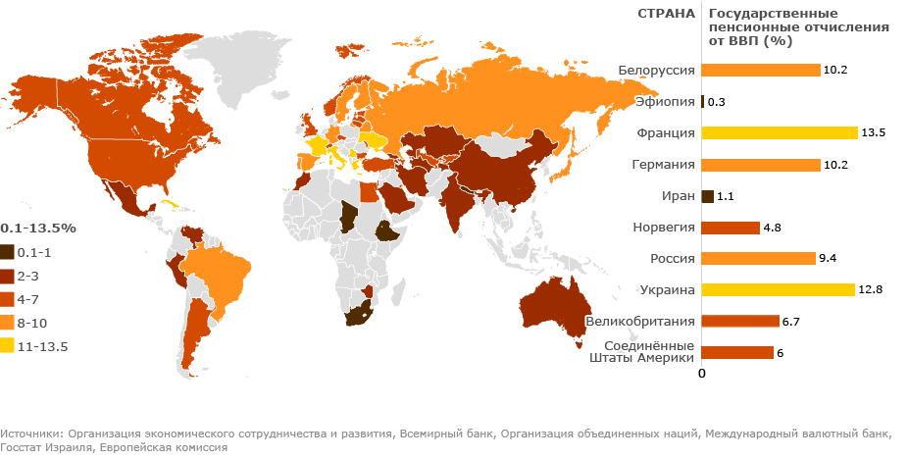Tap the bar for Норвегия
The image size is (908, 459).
pos(731,227)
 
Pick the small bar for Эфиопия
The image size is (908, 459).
pos(703,101)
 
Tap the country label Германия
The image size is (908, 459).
pos(663,164)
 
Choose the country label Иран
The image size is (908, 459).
pos(680,195)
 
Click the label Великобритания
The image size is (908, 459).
pos(640,321)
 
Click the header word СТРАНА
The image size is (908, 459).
pos(666,14)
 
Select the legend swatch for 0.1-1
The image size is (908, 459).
pos(7,252)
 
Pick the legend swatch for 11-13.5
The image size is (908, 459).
pos(7,346)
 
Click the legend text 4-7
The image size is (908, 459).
pos(30,299)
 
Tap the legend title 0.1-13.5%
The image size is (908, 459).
pos(38,227)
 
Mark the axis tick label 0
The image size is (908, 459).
pos(701,374)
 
